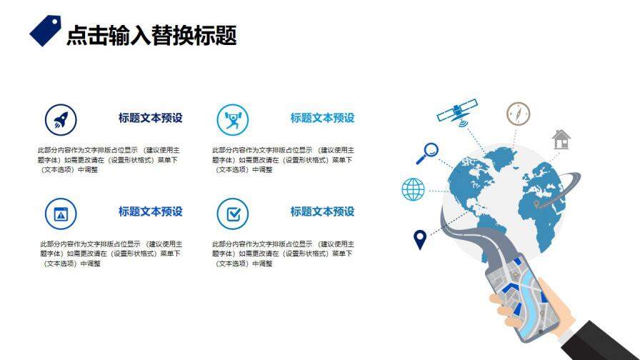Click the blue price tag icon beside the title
pyautogui.click(x=45, y=30)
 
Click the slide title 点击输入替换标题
pyautogui.click(x=151, y=35)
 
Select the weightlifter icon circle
pyautogui.click(x=232, y=119)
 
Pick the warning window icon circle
pyautogui.click(x=61, y=213)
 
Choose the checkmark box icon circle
pyautogui.click(x=232, y=213)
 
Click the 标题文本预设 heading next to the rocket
pyautogui.click(x=151, y=118)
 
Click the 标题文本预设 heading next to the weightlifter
pyautogui.click(x=322, y=118)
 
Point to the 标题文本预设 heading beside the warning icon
pyautogui.click(x=151, y=211)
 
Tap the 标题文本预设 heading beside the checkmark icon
pyautogui.click(x=322, y=211)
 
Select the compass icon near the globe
pyautogui.click(x=519, y=114)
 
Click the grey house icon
pyautogui.click(x=561, y=139)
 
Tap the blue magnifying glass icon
pyautogui.click(x=429, y=152)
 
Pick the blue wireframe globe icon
pyautogui.click(x=413, y=189)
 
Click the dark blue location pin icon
pyautogui.click(x=420, y=239)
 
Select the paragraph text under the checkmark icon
pyautogui.click(x=283, y=254)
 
